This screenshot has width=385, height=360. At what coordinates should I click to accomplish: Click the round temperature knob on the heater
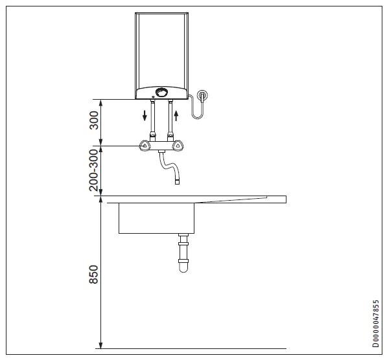(x=162, y=92)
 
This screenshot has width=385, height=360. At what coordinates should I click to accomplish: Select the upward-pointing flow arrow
(x=176, y=117)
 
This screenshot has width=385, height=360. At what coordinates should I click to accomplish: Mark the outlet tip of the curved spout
(x=176, y=183)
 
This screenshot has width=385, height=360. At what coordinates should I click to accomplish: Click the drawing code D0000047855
(x=376, y=324)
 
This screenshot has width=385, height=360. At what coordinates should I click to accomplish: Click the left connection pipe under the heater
(x=152, y=120)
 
